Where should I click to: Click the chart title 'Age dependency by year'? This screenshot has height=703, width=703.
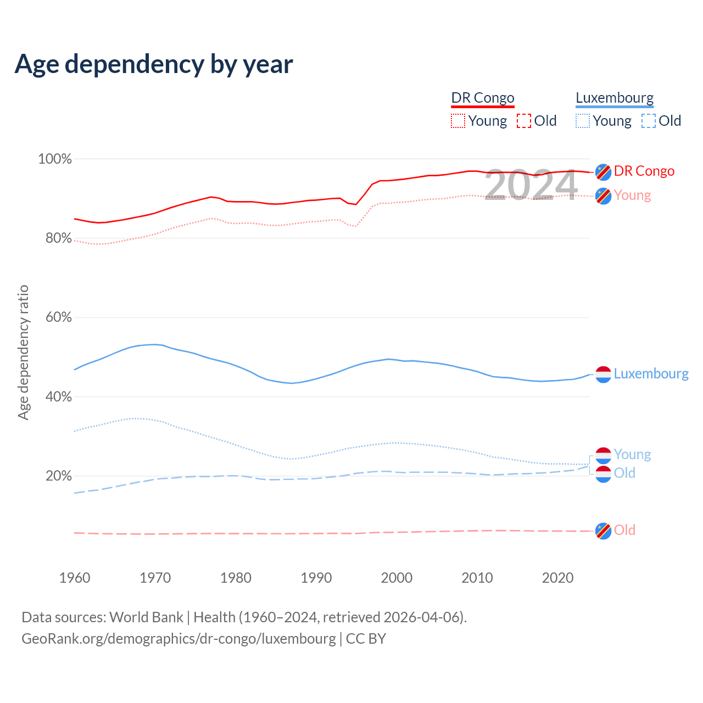point(154,64)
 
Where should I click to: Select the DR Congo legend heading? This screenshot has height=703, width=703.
point(483,98)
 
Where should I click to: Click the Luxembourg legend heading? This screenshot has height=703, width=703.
point(615,98)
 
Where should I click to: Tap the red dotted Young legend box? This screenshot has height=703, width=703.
point(458,121)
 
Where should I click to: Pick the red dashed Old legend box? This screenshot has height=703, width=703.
point(524,121)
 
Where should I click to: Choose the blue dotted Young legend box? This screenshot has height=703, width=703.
point(583,121)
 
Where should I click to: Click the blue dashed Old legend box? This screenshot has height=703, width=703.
point(649,121)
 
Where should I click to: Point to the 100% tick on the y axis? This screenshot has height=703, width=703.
point(55,159)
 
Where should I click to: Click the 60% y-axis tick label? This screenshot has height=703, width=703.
point(58,317)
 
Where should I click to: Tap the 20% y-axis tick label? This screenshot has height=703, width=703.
point(58,476)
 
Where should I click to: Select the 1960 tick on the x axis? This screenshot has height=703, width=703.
point(75,578)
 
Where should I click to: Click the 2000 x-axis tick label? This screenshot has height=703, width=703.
point(397,578)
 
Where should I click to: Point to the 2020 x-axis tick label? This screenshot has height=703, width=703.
point(557,578)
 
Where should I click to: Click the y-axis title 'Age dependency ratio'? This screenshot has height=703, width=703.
point(23,352)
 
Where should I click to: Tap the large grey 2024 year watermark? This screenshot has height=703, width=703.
point(531,185)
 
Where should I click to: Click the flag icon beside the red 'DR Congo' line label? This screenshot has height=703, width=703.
point(603,172)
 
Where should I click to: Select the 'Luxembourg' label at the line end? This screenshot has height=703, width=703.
point(651,374)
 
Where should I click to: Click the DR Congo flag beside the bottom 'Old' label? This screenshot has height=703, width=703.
point(603,531)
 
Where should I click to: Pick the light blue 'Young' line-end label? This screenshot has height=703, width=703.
point(632,455)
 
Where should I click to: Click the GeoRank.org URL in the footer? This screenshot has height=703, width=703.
point(178,639)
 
